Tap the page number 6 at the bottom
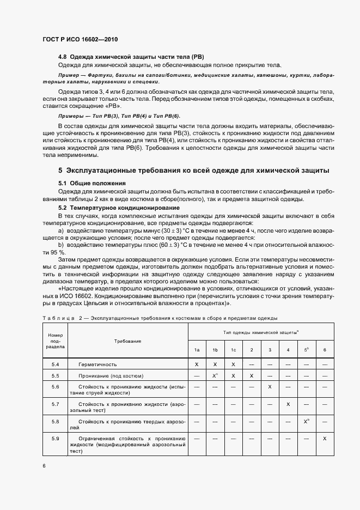tap(45, 466)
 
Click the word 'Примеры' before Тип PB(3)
tap(70, 117)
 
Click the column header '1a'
tap(197, 350)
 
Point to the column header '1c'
tap(233, 350)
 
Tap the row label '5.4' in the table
tap(56, 364)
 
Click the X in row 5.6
tap(270, 386)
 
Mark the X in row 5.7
tap(288, 404)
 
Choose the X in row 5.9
tap(325, 438)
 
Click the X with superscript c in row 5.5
tap(215, 375)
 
